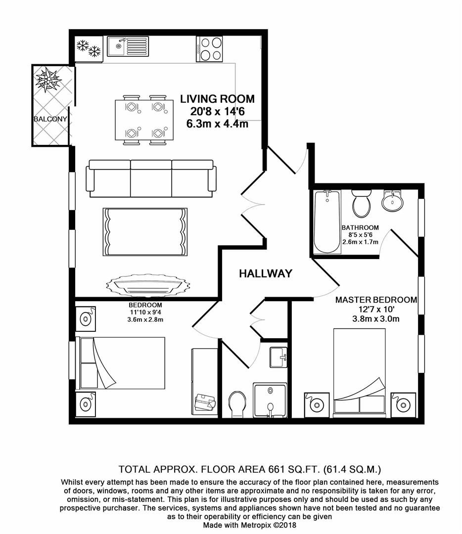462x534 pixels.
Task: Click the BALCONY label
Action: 50,119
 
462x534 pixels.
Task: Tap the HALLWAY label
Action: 265,273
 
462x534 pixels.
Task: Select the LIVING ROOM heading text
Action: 217,99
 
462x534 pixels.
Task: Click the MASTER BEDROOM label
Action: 376,300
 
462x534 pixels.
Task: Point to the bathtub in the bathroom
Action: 327,222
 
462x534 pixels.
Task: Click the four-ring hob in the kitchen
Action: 209,48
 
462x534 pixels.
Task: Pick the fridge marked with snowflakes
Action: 89,49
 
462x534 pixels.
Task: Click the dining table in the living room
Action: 144,120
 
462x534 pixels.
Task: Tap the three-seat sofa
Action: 151,178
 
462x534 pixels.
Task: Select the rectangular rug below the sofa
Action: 145,232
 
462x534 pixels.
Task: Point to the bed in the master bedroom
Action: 360,370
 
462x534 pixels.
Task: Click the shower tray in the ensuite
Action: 270,400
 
